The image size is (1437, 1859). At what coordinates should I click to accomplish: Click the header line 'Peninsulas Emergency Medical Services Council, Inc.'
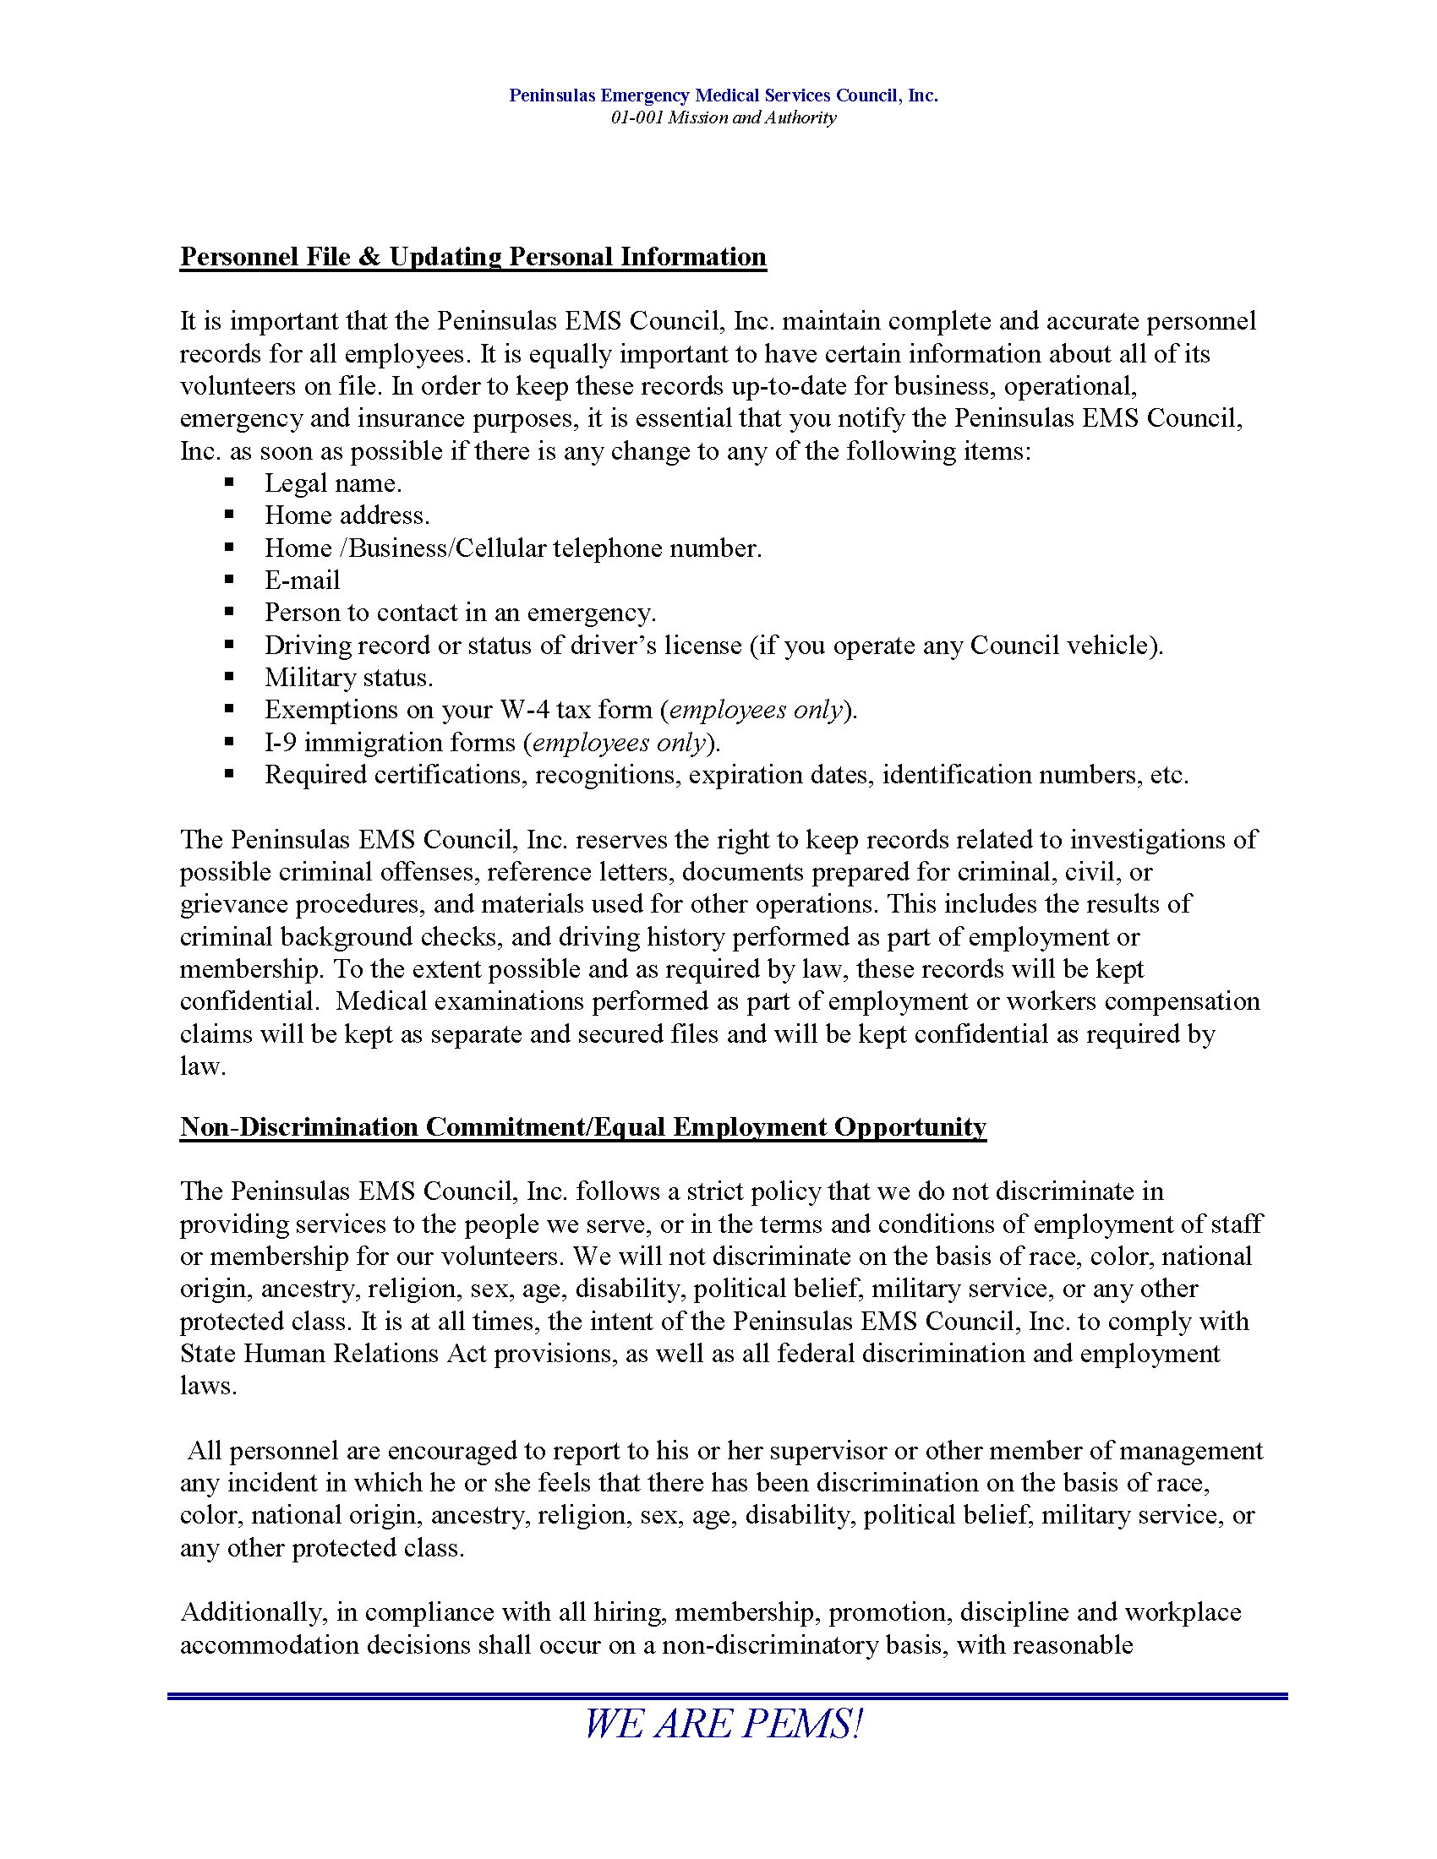(x=723, y=95)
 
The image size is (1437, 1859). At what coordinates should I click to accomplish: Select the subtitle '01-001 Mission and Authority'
(x=723, y=117)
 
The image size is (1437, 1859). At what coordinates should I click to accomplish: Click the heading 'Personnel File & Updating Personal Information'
(x=473, y=257)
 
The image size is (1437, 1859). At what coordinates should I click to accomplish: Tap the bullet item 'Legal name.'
(x=333, y=483)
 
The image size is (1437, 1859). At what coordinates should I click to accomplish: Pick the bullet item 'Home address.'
(x=347, y=515)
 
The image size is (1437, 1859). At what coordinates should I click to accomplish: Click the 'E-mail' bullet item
(x=302, y=581)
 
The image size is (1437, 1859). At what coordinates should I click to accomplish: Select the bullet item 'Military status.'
(x=348, y=678)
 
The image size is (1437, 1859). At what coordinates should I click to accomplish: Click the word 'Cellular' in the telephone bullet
(x=500, y=548)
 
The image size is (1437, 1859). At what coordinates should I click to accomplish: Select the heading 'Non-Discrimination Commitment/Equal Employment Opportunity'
(x=582, y=1127)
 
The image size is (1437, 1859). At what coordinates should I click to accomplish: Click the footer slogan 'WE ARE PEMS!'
(x=723, y=1724)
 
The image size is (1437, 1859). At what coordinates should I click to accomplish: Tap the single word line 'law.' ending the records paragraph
(x=203, y=1066)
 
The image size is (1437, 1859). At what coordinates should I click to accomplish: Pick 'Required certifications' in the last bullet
(x=396, y=776)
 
